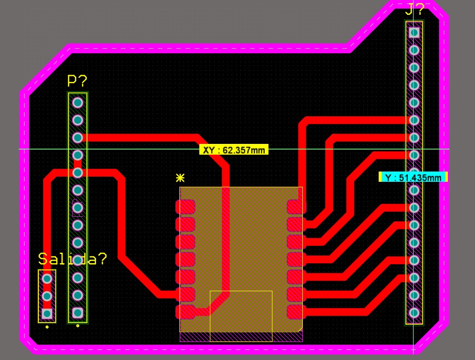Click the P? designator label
click(x=77, y=81)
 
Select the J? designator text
click(x=415, y=10)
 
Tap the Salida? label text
click(x=73, y=259)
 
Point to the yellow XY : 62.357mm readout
click(x=234, y=150)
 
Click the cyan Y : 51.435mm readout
click(x=413, y=177)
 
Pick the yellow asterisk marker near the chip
click(x=180, y=178)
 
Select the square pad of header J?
click(x=415, y=32)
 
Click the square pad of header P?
click(x=77, y=312)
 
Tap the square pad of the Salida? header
click(x=47, y=313)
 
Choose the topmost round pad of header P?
click(x=77, y=102)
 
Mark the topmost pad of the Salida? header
click(x=47, y=279)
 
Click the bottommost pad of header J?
click(x=415, y=312)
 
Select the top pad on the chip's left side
click(x=185, y=207)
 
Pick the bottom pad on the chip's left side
click(x=185, y=311)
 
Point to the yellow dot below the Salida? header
click(x=47, y=326)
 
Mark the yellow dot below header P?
click(x=77, y=325)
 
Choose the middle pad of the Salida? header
click(x=47, y=296)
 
